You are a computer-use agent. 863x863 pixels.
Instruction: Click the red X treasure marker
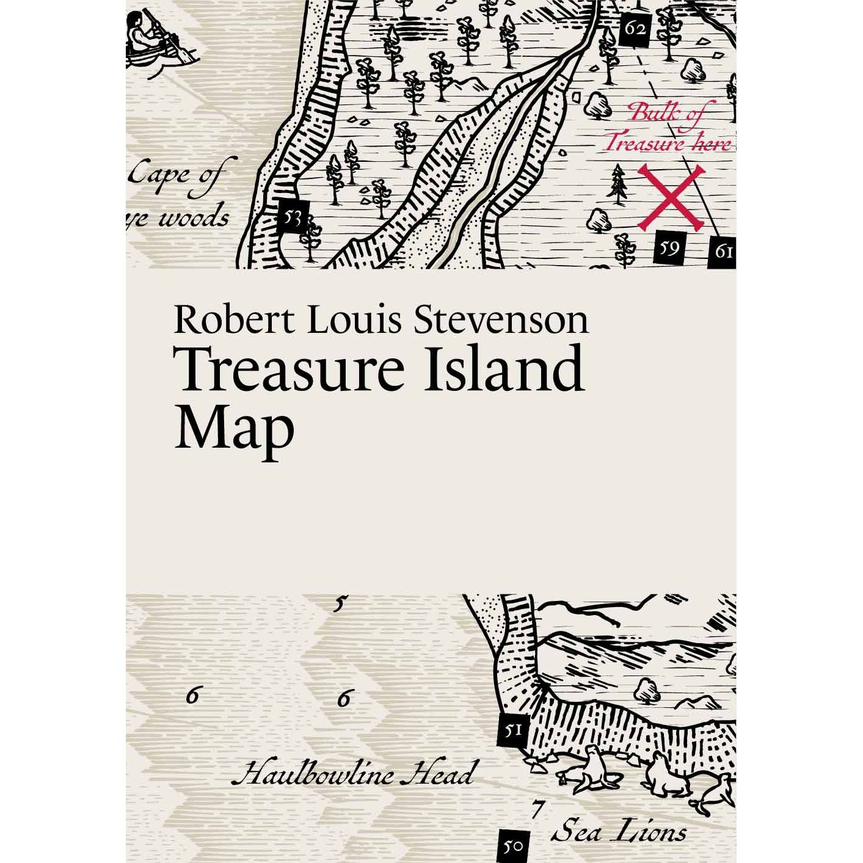pyautogui.click(x=670, y=198)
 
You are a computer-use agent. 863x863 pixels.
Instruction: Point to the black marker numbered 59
pyautogui.click(x=669, y=248)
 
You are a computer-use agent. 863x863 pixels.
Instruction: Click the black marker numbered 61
pyautogui.click(x=723, y=252)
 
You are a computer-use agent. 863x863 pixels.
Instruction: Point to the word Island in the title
pyautogui.click(x=504, y=370)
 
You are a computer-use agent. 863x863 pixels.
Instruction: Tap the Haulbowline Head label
pyautogui.click(x=353, y=774)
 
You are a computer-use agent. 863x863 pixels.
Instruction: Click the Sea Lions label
pyautogui.click(x=619, y=832)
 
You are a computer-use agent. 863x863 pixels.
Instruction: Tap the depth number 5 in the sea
pyautogui.click(x=340, y=605)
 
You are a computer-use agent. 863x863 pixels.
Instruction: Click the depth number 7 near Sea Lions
pyautogui.click(x=536, y=809)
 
